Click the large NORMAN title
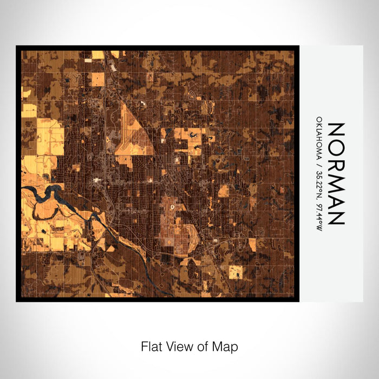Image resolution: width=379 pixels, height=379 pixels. (x=336, y=173)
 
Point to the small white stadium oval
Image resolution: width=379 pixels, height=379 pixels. (x=172, y=207)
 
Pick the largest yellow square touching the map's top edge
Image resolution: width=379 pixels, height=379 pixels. (x=98, y=54)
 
